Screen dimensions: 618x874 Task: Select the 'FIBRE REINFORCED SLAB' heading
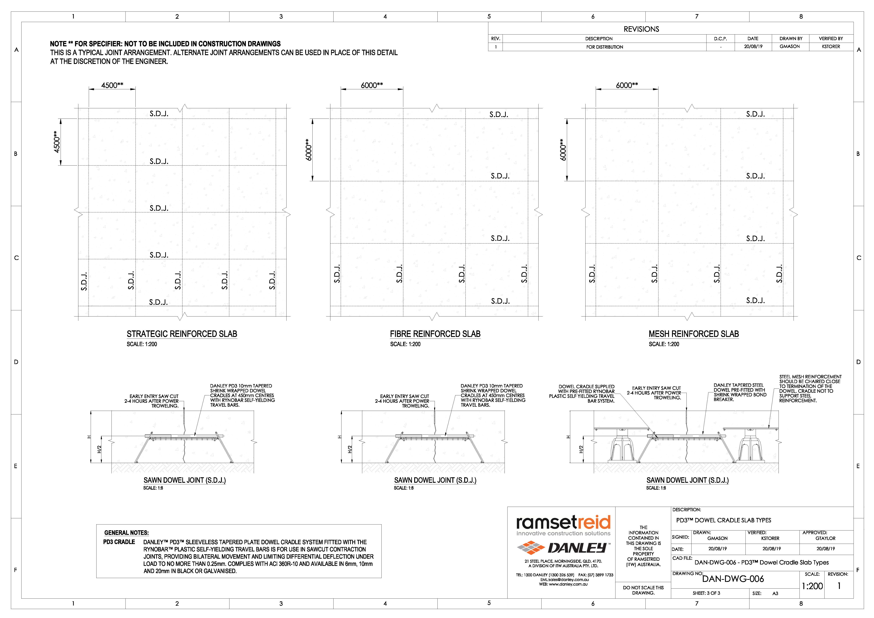tap(435, 334)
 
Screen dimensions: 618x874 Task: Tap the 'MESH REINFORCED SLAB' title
tap(693, 334)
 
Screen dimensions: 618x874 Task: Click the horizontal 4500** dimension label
tap(112, 85)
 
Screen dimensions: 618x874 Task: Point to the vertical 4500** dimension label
tap(57, 142)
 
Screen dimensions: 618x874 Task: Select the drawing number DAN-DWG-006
tap(733, 579)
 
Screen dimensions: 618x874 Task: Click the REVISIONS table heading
tap(641, 29)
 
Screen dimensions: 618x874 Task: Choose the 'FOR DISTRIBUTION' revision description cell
tap(605, 47)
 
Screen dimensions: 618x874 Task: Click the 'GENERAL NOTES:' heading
tap(126, 533)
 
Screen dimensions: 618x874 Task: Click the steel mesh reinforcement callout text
tap(810, 388)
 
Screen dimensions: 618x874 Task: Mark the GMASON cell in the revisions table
tap(789, 46)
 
